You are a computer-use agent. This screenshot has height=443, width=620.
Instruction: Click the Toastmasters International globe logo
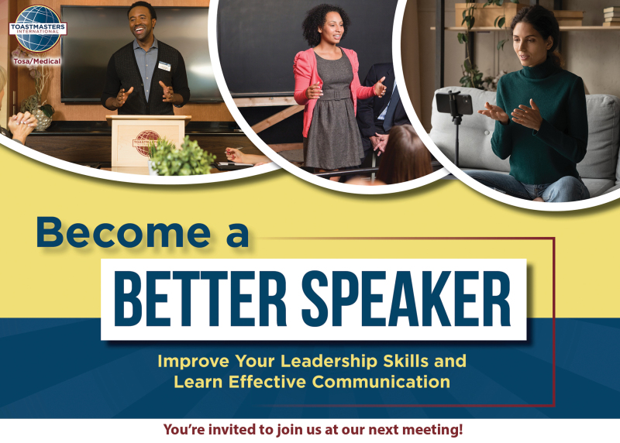pos(38,29)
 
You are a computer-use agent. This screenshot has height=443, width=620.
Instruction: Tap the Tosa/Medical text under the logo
pos(37,61)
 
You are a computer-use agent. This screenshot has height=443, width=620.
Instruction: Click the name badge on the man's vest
pos(164,66)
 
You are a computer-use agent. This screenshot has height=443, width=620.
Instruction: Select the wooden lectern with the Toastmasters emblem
pos(147,140)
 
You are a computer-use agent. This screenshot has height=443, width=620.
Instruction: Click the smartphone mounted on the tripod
pos(454,103)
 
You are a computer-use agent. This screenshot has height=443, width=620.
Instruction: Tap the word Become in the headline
pos(123,232)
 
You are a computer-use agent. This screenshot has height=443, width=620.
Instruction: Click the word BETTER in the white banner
pos(200,298)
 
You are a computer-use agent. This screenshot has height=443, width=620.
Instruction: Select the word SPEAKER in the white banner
pos(406,298)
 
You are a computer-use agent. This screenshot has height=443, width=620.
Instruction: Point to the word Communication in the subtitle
pos(381,382)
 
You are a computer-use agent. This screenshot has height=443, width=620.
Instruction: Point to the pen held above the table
pos(234,149)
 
